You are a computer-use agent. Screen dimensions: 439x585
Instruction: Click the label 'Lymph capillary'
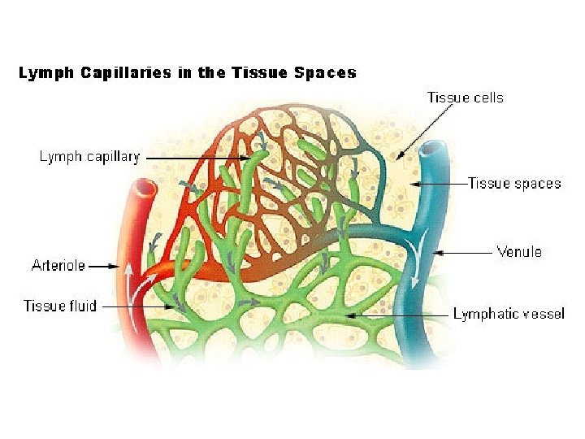(x=89, y=157)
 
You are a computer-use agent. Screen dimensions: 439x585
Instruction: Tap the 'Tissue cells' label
(x=466, y=98)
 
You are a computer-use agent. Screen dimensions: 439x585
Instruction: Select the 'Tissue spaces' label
(x=514, y=184)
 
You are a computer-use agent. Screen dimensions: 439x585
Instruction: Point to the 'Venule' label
(x=519, y=252)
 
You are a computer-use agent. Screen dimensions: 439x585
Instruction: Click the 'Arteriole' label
(x=58, y=265)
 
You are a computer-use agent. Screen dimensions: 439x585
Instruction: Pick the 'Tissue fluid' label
(x=60, y=306)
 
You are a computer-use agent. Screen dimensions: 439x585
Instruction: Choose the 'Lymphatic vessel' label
(x=509, y=314)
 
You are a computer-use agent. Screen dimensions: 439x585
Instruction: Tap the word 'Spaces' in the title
(x=325, y=73)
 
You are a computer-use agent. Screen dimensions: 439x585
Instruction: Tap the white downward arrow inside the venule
(x=418, y=268)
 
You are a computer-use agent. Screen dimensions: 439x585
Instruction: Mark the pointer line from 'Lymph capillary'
(x=195, y=157)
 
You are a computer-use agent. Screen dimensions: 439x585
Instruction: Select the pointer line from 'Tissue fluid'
(x=138, y=306)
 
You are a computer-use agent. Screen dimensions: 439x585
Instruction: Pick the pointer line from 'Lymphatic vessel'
(x=398, y=314)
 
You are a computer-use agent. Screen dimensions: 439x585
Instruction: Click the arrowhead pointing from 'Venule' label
(x=440, y=252)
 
